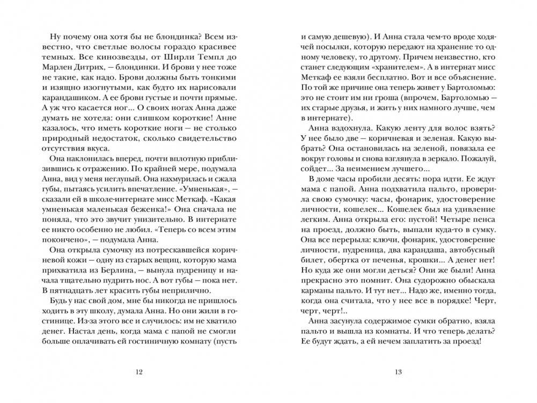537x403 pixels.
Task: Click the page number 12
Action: [140, 371]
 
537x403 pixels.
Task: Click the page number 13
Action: [398, 371]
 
